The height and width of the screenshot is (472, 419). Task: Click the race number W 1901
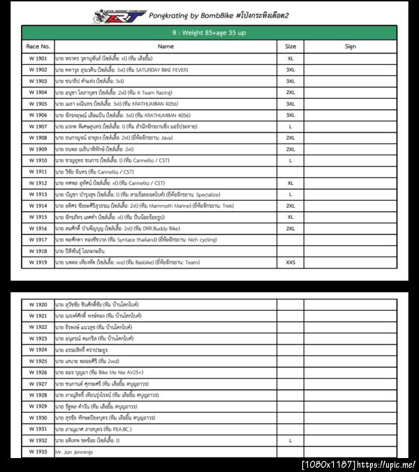[x=38, y=59]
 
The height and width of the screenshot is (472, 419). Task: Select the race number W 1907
[x=38, y=126]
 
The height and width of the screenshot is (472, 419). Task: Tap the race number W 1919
[x=38, y=261]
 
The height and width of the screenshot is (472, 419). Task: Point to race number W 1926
[x=38, y=372]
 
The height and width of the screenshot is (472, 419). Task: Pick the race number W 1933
[x=38, y=452]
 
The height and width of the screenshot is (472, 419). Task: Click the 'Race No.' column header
[x=38, y=46]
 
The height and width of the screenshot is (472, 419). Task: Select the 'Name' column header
[x=166, y=46]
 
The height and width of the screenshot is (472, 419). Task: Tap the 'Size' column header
[x=290, y=46]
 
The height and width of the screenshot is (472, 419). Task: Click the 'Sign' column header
[x=350, y=46]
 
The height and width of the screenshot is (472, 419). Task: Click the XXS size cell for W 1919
[x=290, y=261]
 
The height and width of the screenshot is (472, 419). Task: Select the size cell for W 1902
[x=290, y=70]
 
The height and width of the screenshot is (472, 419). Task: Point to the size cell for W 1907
[x=290, y=126]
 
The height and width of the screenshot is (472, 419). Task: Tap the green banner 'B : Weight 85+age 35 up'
[x=209, y=33]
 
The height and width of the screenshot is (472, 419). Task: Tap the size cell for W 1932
[x=290, y=441]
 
